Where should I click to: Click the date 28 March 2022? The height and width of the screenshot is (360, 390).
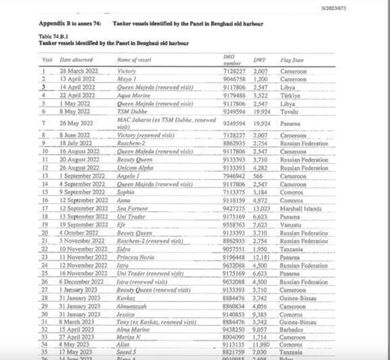pyautogui.click(x=79, y=70)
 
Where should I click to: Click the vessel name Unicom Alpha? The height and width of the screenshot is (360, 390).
pyautogui.click(x=135, y=166)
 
